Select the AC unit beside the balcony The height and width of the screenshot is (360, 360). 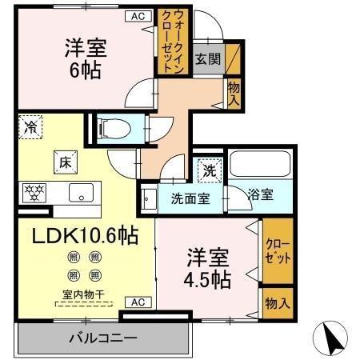(x=136, y=302)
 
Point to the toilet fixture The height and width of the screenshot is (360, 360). (x=110, y=127)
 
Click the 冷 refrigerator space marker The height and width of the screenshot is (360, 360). (x=30, y=126)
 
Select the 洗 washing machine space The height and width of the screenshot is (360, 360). (x=207, y=170)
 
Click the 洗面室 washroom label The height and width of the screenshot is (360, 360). (x=190, y=198)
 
